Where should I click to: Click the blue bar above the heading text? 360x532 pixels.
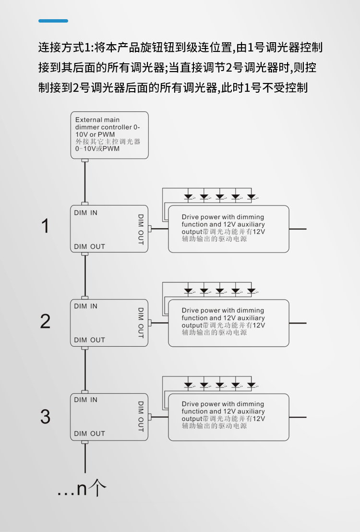tap(53, 21)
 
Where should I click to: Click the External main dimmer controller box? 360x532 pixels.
tap(109, 135)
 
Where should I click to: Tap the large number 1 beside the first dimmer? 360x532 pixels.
tap(46, 226)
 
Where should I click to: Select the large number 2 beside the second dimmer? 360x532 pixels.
tap(45, 321)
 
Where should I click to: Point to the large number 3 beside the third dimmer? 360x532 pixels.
tap(45, 417)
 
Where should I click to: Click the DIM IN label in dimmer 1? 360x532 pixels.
tap(85, 213)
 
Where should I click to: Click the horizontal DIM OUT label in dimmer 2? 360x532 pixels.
tap(90, 340)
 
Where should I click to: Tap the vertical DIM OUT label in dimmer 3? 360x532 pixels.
tap(141, 417)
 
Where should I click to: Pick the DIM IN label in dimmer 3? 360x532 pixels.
tap(85, 399)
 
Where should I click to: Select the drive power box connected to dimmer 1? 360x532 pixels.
tap(228, 229)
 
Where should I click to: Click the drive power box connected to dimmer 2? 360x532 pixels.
tap(228, 323)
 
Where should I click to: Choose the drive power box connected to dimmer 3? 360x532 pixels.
tap(228, 417)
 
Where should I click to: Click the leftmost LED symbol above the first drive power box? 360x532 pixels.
tap(188, 197)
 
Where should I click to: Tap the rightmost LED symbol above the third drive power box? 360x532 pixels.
tap(252, 385)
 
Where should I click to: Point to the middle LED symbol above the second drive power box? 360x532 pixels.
tap(220, 291)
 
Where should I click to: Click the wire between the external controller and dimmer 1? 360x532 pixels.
tap(85, 182)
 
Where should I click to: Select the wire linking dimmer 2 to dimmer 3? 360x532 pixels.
tap(85, 370)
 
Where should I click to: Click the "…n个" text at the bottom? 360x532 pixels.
tap(82, 489)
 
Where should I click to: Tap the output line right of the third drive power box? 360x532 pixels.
tap(298, 417)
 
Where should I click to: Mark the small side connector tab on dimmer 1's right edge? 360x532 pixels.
tap(150, 229)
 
